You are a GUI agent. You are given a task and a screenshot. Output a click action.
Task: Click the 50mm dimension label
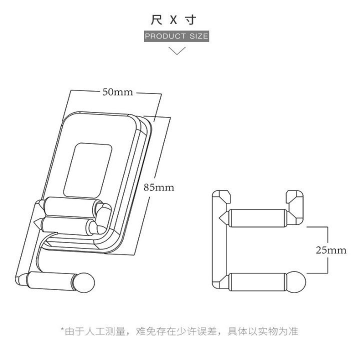(117, 92)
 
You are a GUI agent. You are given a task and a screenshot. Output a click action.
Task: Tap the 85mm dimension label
(159, 187)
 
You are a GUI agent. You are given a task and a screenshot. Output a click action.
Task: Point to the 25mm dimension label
(331, 250)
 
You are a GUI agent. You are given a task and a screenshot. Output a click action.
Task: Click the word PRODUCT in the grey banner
(165, 36)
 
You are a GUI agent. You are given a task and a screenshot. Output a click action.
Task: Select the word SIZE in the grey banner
(199, 36)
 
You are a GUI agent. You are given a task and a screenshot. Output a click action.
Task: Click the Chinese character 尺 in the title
(157, 19)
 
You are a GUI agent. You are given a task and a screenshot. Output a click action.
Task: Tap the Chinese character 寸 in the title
(191, 19)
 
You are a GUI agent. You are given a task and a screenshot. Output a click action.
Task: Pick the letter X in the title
(174, 20)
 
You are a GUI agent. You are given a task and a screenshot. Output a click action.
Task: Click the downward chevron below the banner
(177, 50)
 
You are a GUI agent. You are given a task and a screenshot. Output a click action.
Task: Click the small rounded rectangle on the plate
(87, 170)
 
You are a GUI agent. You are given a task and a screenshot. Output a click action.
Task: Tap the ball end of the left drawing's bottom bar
(85, 282)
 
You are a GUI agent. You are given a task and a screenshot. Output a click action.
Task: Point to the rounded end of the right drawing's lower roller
(296, 282)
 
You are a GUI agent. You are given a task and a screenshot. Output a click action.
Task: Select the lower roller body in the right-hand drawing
(258, 282)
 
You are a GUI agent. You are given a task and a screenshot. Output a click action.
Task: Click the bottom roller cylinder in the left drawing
(50, 281)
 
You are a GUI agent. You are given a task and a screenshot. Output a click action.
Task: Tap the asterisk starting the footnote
(62, 329)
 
